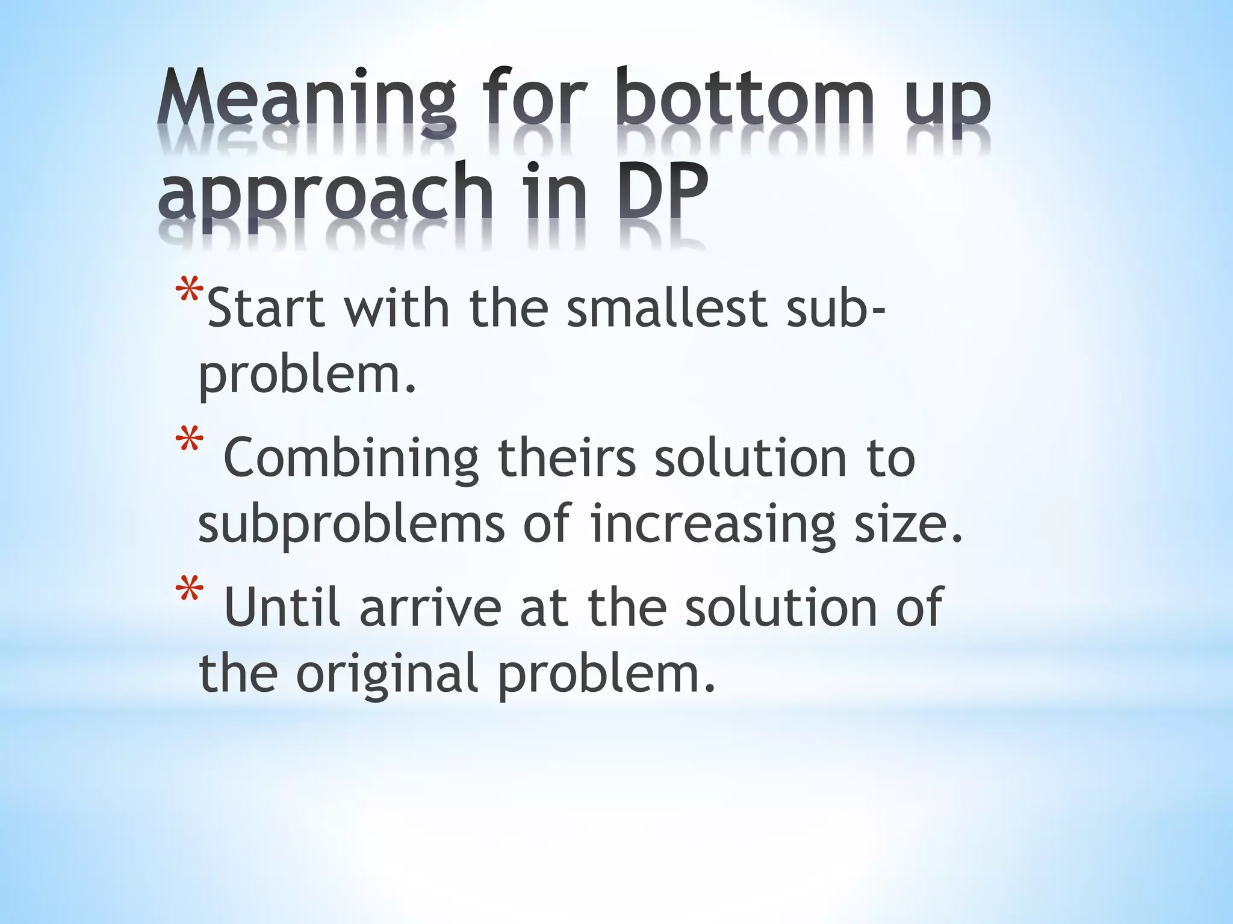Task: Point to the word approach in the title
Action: pos(325,196)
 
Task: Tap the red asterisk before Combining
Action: pos(189,442)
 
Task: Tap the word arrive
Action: pos(430,608)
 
